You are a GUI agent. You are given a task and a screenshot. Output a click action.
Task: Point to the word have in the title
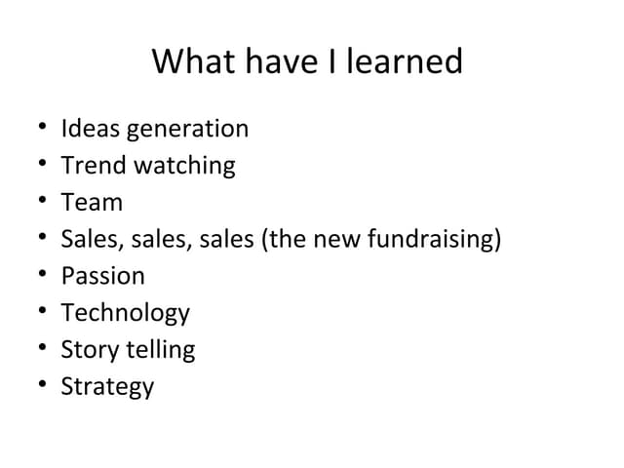tap(275, 62)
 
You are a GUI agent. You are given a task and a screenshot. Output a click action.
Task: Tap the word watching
tap(184, 166)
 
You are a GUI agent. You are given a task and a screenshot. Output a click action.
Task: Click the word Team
tap(92, 203)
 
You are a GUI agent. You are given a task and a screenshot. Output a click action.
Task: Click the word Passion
tap(102, 277)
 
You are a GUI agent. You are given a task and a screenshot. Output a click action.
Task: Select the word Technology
tap(125, 314)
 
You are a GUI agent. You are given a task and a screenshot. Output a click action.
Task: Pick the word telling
tap(160, 350)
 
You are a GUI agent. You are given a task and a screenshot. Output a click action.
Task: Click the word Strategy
tap(107, 387)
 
